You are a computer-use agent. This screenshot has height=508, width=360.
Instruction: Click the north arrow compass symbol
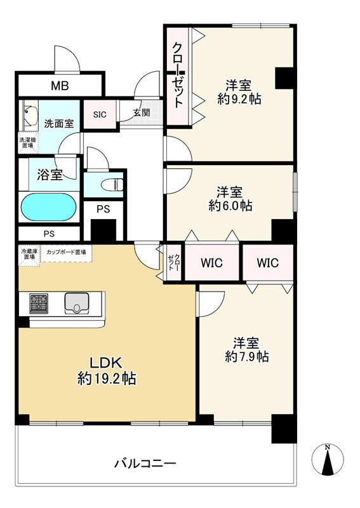328,459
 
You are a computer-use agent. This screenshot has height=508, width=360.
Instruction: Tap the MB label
60,86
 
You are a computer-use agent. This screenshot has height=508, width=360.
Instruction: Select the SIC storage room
100,114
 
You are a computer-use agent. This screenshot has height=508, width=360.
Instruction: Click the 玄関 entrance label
142,113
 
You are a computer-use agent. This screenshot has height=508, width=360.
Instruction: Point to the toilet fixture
112,185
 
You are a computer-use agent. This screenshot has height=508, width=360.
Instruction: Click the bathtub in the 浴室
49,208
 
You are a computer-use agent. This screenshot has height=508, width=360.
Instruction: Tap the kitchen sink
77,304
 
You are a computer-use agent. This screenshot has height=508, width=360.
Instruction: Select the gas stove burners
39,304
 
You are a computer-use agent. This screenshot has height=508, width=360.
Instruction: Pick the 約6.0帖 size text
230,205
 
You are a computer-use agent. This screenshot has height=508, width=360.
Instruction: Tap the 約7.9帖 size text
246,356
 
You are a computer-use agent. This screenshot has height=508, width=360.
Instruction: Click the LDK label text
105,363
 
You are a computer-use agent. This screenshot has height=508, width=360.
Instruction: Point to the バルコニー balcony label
145,464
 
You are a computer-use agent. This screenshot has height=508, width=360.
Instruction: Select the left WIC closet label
211,263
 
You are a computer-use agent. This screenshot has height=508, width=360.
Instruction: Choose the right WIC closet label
268,263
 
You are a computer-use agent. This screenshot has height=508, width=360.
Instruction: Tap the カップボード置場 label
66,252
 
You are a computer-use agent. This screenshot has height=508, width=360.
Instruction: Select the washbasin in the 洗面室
30,116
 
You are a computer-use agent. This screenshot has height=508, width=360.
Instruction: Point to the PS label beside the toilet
103,210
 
